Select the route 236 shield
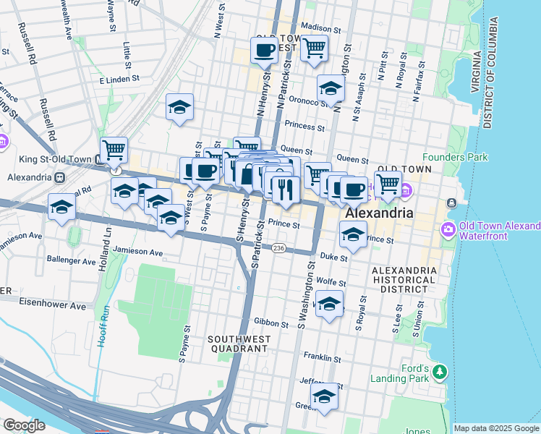(x=279, y=248)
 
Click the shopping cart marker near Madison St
(x=314, y=49)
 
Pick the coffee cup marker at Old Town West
(x=264, y=51)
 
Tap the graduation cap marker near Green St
(x=325, y=397)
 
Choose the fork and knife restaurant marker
(x=286, y=189)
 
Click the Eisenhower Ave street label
(x=53, y=306)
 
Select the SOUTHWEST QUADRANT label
(x=239, y=344)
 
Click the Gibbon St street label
(x=271, y=320)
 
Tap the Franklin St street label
(x=322, y=358)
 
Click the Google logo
(x=24, y=425)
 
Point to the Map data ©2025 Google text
(x=496, y=428)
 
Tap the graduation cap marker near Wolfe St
(x=329, y=305)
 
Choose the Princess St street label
(x=304, y=125)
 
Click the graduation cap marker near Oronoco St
(x=331, y=90)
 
